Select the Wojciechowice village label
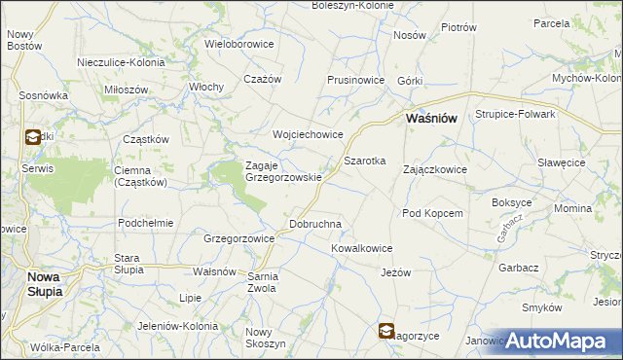308,133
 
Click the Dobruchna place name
315,224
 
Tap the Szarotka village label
365,160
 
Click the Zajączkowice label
434,169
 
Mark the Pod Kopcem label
431,213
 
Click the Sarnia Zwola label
263,281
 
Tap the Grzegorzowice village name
238,237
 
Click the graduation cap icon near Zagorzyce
387,332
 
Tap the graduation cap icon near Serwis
32,137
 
